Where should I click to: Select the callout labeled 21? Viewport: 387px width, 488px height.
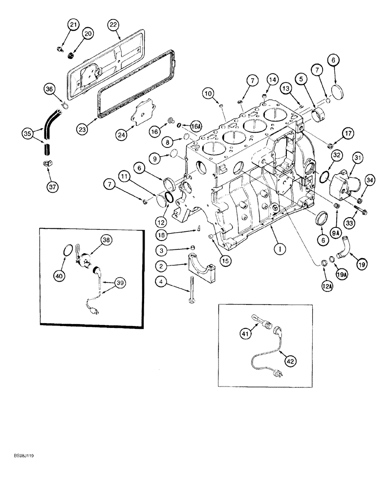pyautogui.click(x=72, y=24)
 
